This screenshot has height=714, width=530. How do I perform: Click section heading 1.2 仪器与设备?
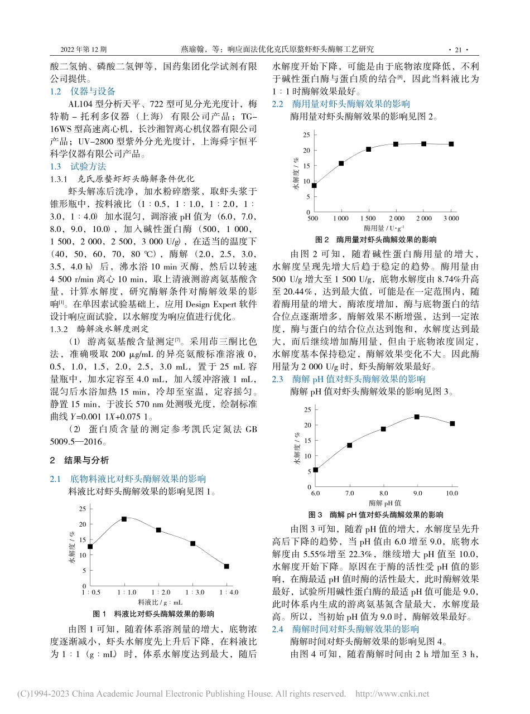[x=82, y=91]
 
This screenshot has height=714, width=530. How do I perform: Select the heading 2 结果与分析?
[x=80, y=460]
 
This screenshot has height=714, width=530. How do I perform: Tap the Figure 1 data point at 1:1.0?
[x=124, y=519]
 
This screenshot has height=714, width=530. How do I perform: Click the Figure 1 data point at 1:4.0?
[x=227, y=566]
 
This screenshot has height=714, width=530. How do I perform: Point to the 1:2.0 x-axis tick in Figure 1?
[x=158, y=592]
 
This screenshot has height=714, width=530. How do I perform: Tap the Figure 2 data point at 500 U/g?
[x=314, y=185]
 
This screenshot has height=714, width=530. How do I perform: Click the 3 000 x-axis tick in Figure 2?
[x=451, y=219]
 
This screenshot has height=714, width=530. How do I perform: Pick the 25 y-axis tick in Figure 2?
[x=306, y=135]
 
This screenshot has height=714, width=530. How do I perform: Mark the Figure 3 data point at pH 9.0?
[x=417, y=417]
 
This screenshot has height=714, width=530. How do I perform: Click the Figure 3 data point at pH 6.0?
[x=315, y=470]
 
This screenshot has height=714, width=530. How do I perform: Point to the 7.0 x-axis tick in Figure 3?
[x=349, y=494]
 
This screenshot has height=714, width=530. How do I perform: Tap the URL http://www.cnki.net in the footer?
[x=392, y=694]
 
